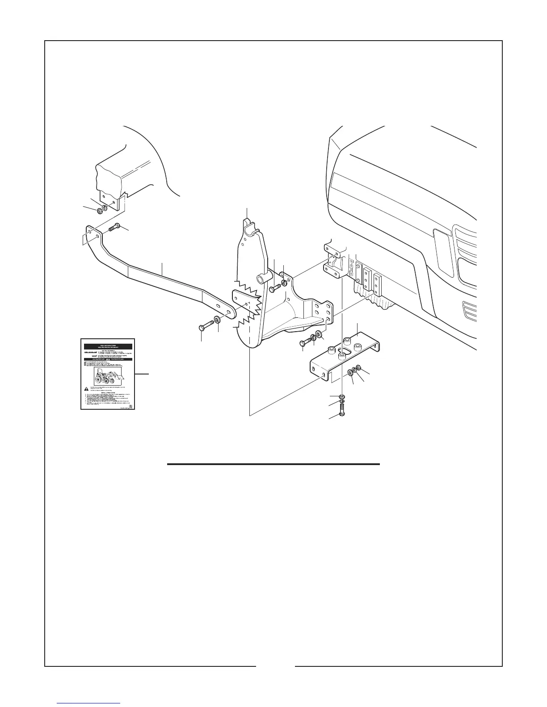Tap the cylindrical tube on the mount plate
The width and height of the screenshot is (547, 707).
click(x=260, y=280)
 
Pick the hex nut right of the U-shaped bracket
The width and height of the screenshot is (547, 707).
click(x=358, y=369)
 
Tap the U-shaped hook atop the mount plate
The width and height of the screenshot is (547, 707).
click(x=250, y=225)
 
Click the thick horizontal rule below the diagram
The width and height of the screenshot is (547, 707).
click(x=273, y=464)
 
